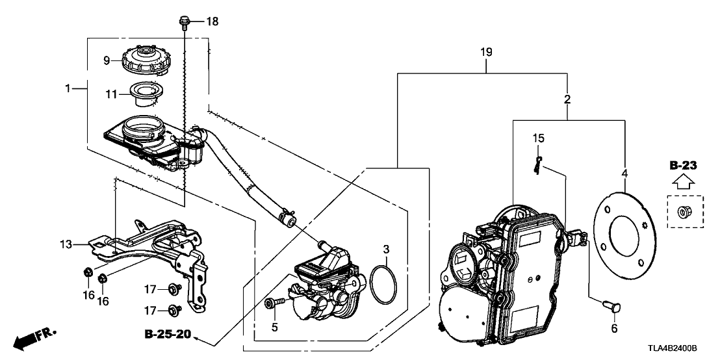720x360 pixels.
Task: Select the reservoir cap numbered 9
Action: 146,62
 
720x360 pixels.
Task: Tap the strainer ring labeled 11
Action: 146,94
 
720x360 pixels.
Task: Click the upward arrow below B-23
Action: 684,183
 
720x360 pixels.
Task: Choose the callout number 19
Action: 487,52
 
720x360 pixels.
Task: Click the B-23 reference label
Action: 684,166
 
